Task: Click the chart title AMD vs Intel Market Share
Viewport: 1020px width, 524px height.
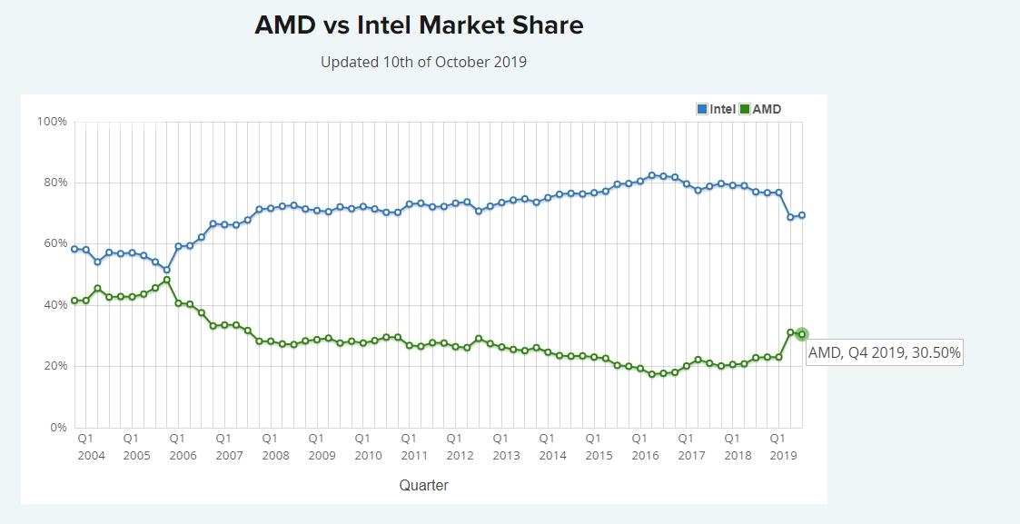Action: coord(419,25)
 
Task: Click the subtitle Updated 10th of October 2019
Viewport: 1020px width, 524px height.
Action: coord(423,63)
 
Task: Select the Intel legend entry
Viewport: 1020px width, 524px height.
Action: coord(716,109)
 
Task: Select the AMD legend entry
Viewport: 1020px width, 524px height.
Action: coord(760,109)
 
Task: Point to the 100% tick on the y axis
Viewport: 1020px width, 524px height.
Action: coord(51,122)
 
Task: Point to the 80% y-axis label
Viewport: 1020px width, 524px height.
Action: coord(54,183)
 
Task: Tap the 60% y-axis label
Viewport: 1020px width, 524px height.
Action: coord(54,243)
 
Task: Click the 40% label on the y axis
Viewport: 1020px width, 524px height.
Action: coord(54,305)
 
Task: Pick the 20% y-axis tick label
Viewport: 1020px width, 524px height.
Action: coord(54,366)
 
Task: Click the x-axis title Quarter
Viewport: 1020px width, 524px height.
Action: coord(423,485)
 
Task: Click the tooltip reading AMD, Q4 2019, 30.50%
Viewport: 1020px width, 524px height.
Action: coord(884,352)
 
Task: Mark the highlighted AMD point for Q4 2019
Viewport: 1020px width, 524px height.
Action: coord(802,334)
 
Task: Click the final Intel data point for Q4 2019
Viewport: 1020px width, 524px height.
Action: coord(802,215)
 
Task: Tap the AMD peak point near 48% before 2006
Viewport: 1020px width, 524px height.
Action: coord(167,280)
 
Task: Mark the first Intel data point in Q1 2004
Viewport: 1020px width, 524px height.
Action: coord(74,249)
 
